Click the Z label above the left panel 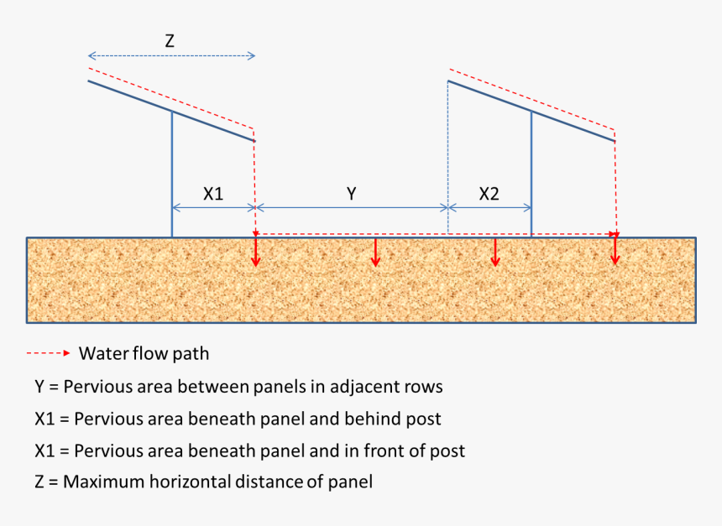click(x=170, y=39)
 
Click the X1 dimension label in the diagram click(x=213, y=193)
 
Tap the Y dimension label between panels click(x=352, y=194)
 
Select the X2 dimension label click(x=489, y=193)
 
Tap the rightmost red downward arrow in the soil click(x=615, y=252)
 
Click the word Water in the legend click(x=102, y=353)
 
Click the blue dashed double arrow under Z click(x=171, y=56)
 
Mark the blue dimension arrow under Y click(x=352, y=207)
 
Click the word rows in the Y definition click(x=424, y=388)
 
